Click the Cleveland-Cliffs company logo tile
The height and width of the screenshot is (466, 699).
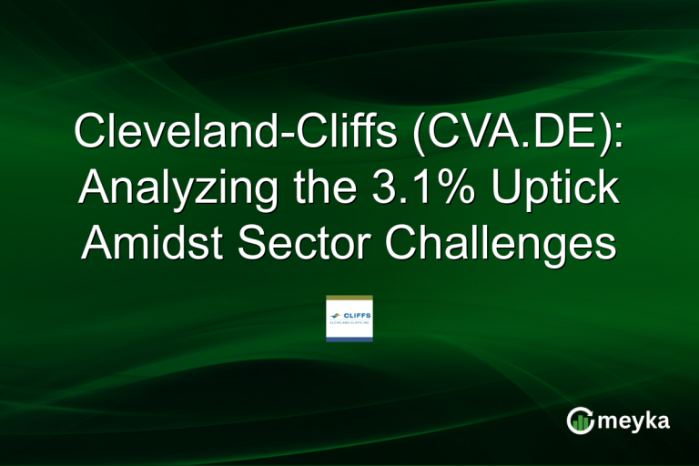point(349,319)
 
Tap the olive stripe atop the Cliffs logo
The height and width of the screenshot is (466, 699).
point(349,299)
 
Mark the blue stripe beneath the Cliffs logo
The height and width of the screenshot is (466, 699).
point(349,339)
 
